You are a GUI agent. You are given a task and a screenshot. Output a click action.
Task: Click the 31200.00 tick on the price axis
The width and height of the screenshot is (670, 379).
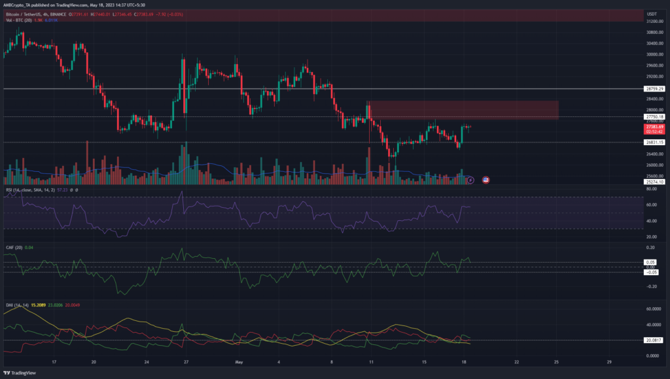[x=652, y=21]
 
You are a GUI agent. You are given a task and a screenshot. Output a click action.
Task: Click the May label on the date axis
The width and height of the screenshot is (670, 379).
[x=239, y=361]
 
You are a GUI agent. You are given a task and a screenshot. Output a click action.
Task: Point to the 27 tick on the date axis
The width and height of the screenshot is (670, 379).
[x=186, y=361]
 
